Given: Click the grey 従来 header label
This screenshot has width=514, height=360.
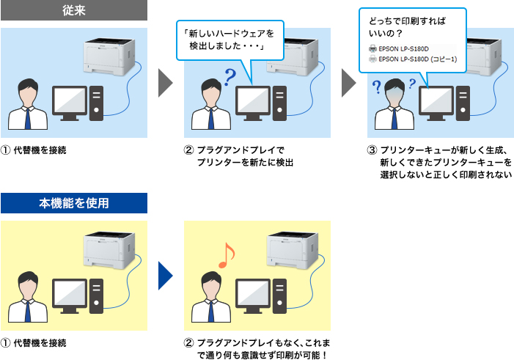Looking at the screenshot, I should pyautogui.click(x=74, y=10).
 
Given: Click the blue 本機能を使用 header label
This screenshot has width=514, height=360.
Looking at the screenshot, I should pyautogui.click(x=74, y=203).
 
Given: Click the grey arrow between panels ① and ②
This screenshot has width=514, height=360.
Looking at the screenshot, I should pyautogui.click(x=166, y=83).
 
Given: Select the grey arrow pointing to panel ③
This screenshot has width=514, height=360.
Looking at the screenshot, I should pyautogui.click(x=349, y=83).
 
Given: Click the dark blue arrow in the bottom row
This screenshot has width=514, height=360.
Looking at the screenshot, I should pyautogui.click(x=166, y=274).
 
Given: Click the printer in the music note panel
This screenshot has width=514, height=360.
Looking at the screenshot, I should pyautogui.click(x=292, y=248).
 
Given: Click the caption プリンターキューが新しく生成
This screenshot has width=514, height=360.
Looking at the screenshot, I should pyautogui.click(x=440, y=150).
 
